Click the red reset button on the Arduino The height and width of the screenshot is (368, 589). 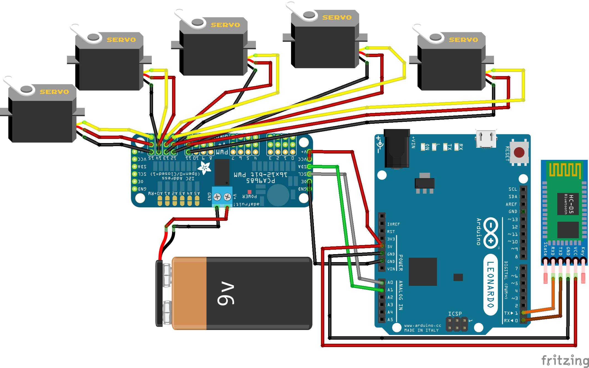pyautogui.click(x=519, y=152)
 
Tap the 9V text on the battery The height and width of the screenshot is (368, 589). pyautogui.click(x=226, y=293)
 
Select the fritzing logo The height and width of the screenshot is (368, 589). pyautogui.click(x=564, y=360)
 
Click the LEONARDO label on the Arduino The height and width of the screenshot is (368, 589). pyautogui.click(x=490, y=284)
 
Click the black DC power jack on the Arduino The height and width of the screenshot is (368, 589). pyautogui.click(x=397, y=149)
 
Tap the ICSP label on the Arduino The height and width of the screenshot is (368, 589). pyautogui.click(x=455, y=314)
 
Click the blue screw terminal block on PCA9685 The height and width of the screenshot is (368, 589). pyautogui.click(x=222, y=197)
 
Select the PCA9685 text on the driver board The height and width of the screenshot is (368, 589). pyautogui.click(x=261, y=181)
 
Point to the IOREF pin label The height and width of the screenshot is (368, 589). pyautogui.click(x=393, y=224)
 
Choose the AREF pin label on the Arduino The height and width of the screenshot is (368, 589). pyautogui.click(x=511, y=204)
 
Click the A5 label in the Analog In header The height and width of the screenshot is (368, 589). pyautogui.click(x=390, y=319)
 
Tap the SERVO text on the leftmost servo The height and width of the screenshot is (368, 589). pyautogui.click(x=54, y=92)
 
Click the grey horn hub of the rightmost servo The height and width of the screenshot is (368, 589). pyautogui.click(x=435, y=37)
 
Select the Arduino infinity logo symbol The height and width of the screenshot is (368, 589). pyautogui.click(x=491, y=233)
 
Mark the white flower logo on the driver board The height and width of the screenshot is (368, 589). pyautogui.click(x=204, y=168)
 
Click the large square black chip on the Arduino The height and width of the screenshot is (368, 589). pyautogui.click(x=423, y=272)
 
